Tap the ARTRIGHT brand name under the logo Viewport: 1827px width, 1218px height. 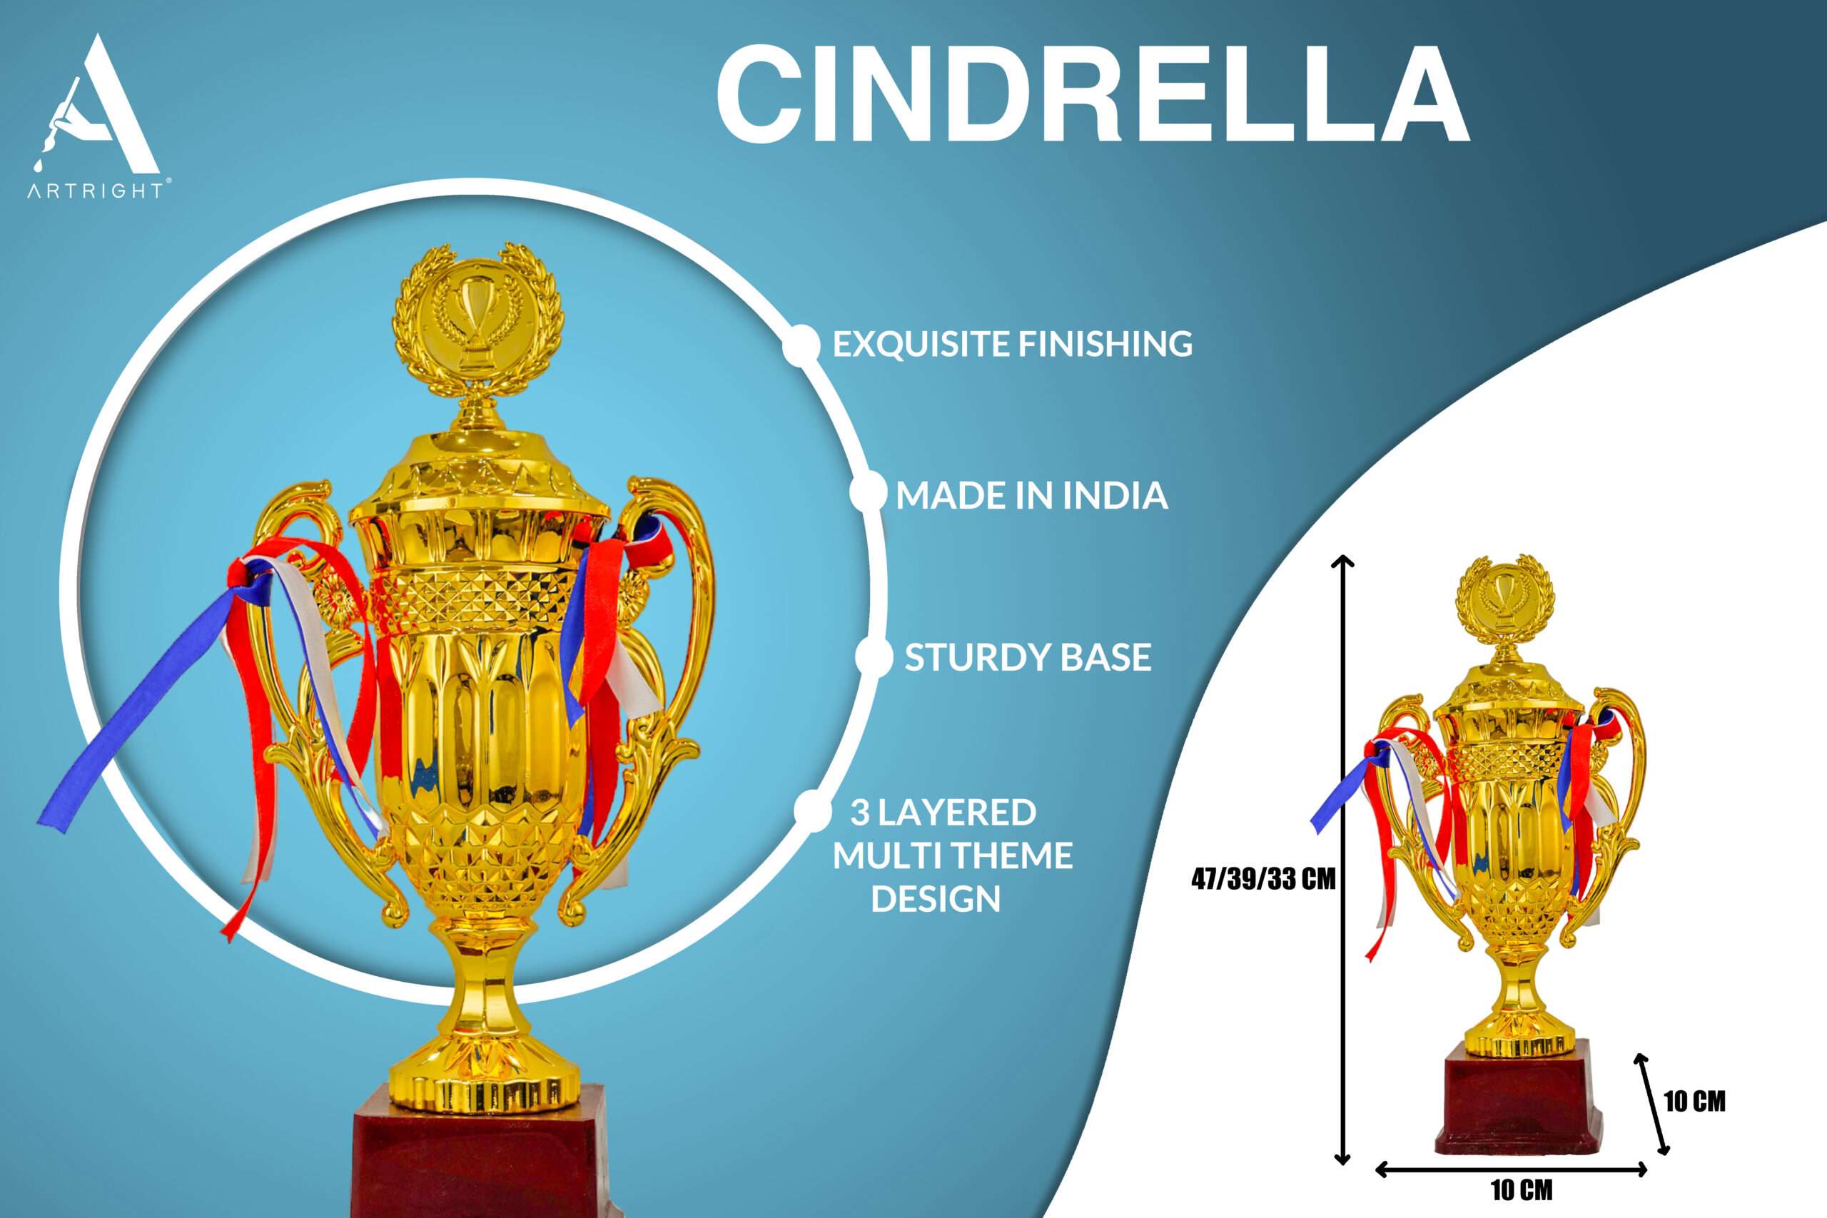96,191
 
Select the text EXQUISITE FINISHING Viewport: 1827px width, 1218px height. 1012,343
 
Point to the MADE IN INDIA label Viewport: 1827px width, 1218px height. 1031,494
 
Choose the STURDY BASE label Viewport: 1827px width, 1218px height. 1028,657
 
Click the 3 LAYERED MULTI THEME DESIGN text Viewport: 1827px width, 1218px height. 952,856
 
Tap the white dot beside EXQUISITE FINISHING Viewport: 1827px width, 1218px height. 801,344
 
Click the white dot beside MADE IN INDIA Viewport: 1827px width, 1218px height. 868,492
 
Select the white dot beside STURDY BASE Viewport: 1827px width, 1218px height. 874,657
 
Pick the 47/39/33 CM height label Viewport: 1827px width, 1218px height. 1264,879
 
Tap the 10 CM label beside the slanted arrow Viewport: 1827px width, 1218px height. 1694,1102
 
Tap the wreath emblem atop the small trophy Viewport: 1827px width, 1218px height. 1504,598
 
